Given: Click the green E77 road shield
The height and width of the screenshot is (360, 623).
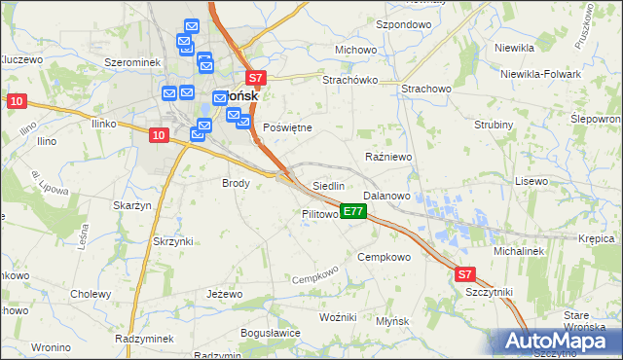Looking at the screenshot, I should coord(353,211).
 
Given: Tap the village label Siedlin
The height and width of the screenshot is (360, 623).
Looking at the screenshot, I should coord(328,185).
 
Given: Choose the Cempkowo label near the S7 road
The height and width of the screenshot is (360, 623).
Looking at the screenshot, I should coord(385,257).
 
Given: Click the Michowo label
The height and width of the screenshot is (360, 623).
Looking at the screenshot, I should coord(355,50).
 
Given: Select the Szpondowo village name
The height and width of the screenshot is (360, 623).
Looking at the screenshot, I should coord(402,23).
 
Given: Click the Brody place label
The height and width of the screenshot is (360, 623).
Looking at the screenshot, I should coord(237,183).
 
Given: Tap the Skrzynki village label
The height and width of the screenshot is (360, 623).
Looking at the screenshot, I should coord(173,240).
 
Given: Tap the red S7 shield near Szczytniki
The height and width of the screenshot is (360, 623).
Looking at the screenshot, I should coord(465,275).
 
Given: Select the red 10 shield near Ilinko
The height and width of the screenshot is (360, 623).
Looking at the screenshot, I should coord(159,136).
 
